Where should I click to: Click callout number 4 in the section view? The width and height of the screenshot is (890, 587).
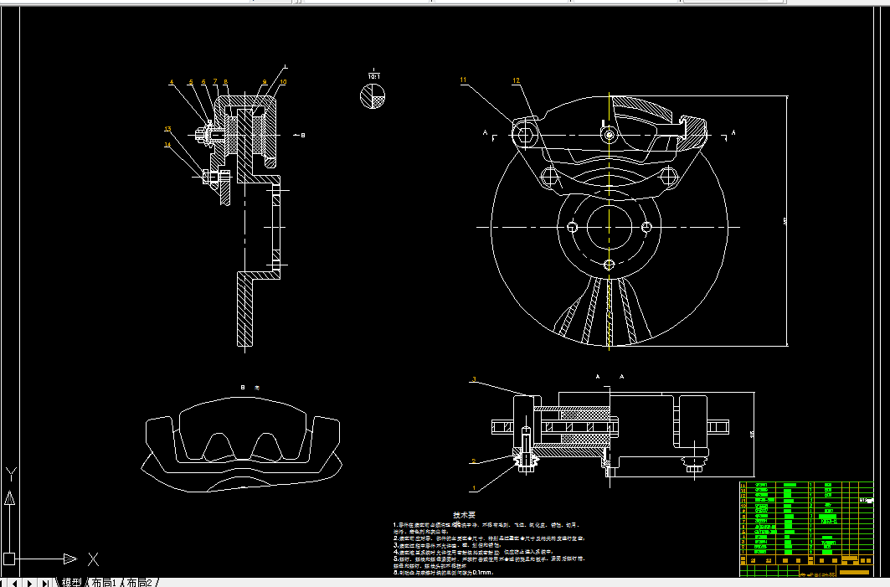[x=172, y=82]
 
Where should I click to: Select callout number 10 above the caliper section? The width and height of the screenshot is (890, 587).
[x=283, y=82]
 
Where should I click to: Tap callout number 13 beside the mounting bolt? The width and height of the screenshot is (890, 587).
[x=167, y=129]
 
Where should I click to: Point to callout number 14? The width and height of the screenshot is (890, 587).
[x=167, y=144]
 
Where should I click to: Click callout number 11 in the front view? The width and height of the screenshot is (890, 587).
[x=462, y=80]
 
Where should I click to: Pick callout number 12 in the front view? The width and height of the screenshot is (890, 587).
[x=516, y=80]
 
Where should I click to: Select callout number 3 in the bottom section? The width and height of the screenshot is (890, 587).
[x=474, y=380]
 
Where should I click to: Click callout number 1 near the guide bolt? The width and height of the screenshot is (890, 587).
[x=474, y=487]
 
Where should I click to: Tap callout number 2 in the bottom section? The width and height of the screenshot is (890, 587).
[x=473, y=461]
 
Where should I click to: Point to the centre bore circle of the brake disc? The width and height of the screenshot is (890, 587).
[x=609, y=226]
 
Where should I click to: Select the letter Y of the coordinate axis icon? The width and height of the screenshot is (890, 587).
[x=10, y=474]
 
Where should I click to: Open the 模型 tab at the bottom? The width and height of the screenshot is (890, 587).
[x=72, y=582]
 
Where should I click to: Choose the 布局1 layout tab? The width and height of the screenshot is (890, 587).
[x=104, y=582]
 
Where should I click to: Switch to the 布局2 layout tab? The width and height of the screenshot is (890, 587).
[x=140, y=582]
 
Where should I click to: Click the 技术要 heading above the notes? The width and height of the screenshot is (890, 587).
[x=464, y=515]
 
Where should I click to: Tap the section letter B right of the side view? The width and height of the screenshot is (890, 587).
[x=303, y=134]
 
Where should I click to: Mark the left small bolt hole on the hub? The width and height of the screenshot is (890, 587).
[x=573, y=227]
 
